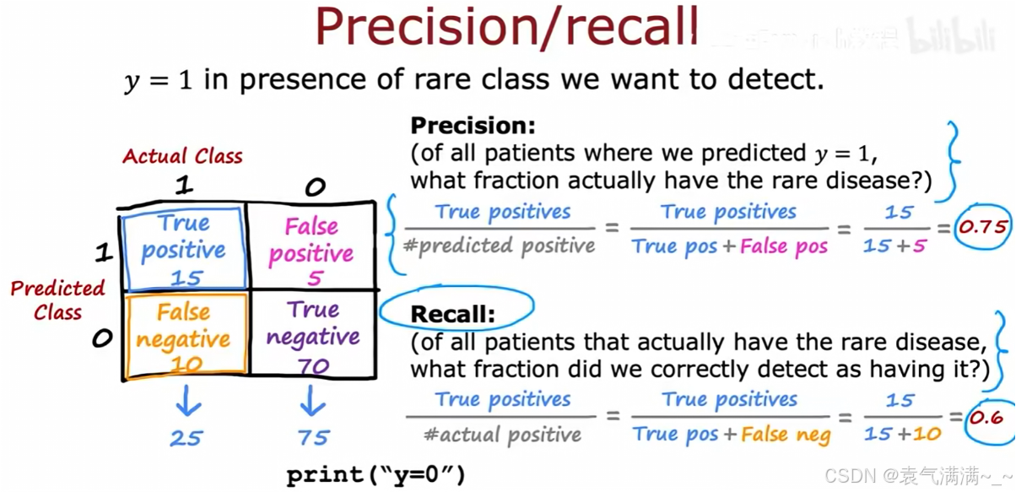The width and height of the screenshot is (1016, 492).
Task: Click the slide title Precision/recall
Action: [x=506, y=27]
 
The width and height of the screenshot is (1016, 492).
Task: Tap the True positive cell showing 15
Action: [x=185, y=249]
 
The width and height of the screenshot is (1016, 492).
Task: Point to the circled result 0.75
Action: [x=982, y=226]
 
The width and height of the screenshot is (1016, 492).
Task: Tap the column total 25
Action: [x=186, y=438]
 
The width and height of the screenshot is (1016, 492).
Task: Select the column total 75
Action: [x=313, y=438]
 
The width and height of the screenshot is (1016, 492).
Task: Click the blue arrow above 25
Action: [x=187, y=402]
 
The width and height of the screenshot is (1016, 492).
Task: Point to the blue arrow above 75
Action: [x=312, y=402]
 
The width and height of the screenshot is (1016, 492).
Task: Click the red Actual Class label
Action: [x=182, y=156]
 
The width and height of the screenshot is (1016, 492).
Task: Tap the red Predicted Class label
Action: [x=57, y=300]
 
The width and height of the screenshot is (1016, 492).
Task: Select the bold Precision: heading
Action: [x=473, y=126]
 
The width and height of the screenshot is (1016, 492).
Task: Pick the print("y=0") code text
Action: [x=376, y=475]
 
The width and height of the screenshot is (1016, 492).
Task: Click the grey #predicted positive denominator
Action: [x=499, y=246]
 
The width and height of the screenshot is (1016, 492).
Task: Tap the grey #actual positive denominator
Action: [x=502, y=435]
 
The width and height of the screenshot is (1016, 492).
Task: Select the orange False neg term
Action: [x=786, y=435]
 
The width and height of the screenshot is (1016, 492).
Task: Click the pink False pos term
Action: [x=784, y=246]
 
